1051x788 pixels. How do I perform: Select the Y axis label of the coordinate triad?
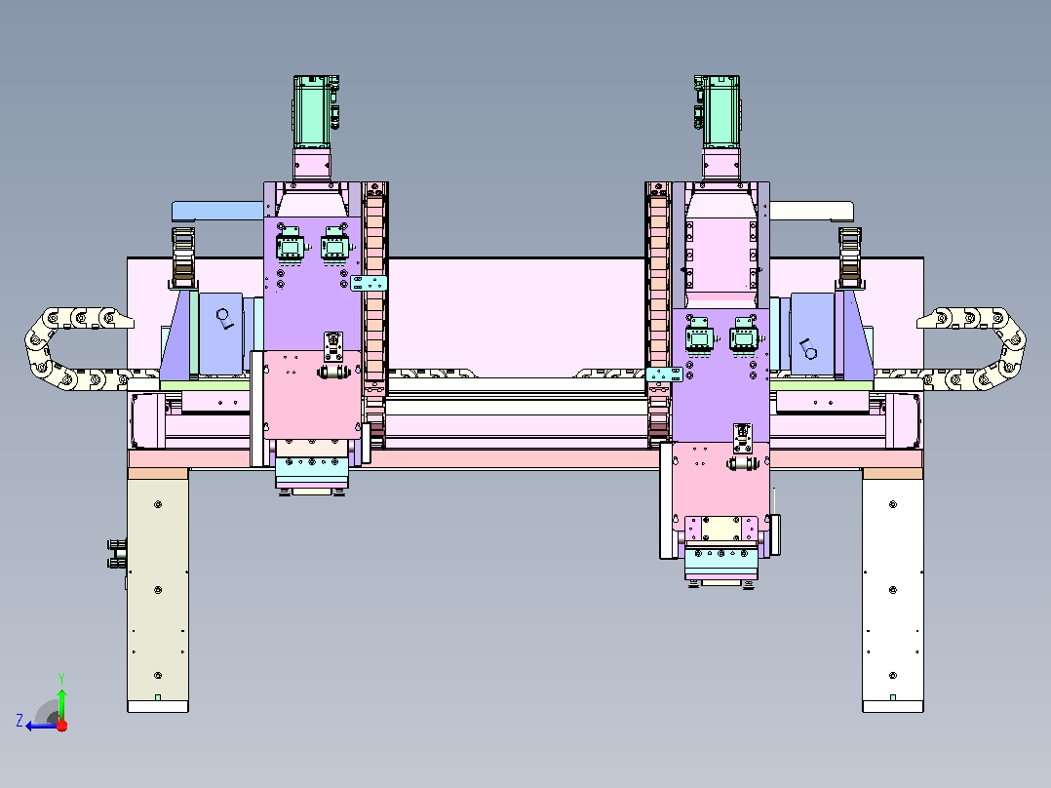point(61,678)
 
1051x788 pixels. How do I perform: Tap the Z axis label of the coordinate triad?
point(19,721)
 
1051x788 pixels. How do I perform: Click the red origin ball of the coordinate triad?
point(62,726)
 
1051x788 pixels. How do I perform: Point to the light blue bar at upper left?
point(217,212)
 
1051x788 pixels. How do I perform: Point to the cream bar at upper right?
point(812,212)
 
